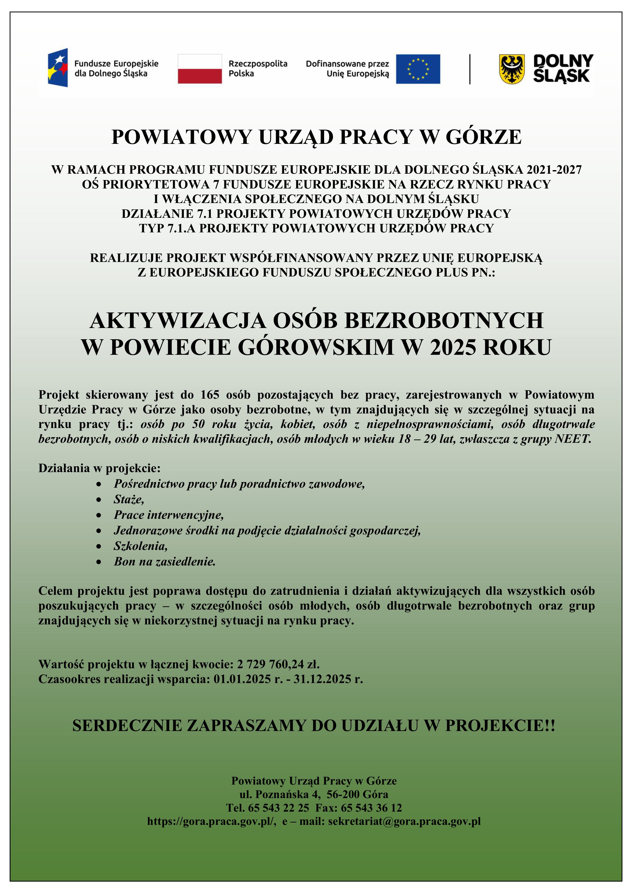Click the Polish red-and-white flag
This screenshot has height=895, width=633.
click(x=200, y=69)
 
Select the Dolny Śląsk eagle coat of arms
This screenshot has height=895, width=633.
click(x=512, y=69)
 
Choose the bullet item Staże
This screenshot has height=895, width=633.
click(x=129, y=499)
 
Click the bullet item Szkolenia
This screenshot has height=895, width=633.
click(x=140, y=546)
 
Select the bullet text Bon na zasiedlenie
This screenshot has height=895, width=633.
click(x=165, y=562)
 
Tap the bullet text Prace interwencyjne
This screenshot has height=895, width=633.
click(x=168, y=515)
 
